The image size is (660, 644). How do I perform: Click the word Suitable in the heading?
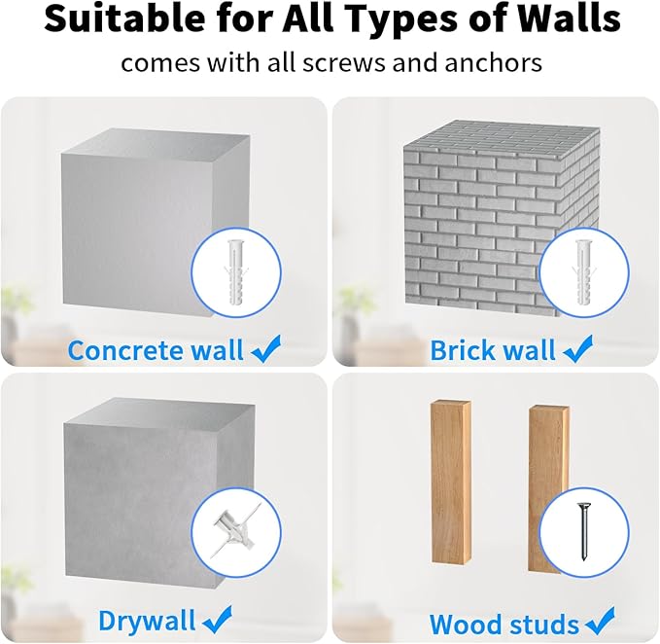(124, 18)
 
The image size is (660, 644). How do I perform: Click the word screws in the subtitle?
(343, 64)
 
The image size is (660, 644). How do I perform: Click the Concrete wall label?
(156, 350)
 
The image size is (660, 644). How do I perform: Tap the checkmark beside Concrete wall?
(266, 349)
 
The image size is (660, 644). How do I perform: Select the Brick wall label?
(493, 350)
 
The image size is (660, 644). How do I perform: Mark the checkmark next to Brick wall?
(578, 349)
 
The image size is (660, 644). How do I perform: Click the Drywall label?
(147, 621)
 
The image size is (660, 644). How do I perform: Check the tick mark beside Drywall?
(217, 620)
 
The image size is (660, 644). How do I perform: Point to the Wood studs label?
(504, 625)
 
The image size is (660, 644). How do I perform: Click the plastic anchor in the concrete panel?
(235, 272)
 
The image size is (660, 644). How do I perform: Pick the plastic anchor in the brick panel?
(582, 272)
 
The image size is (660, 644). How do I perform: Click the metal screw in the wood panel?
(583, 532)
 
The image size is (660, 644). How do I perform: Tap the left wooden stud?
(451, 482)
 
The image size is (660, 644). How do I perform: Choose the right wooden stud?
(549, 488)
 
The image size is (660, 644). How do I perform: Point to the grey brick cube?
(501, 217)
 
